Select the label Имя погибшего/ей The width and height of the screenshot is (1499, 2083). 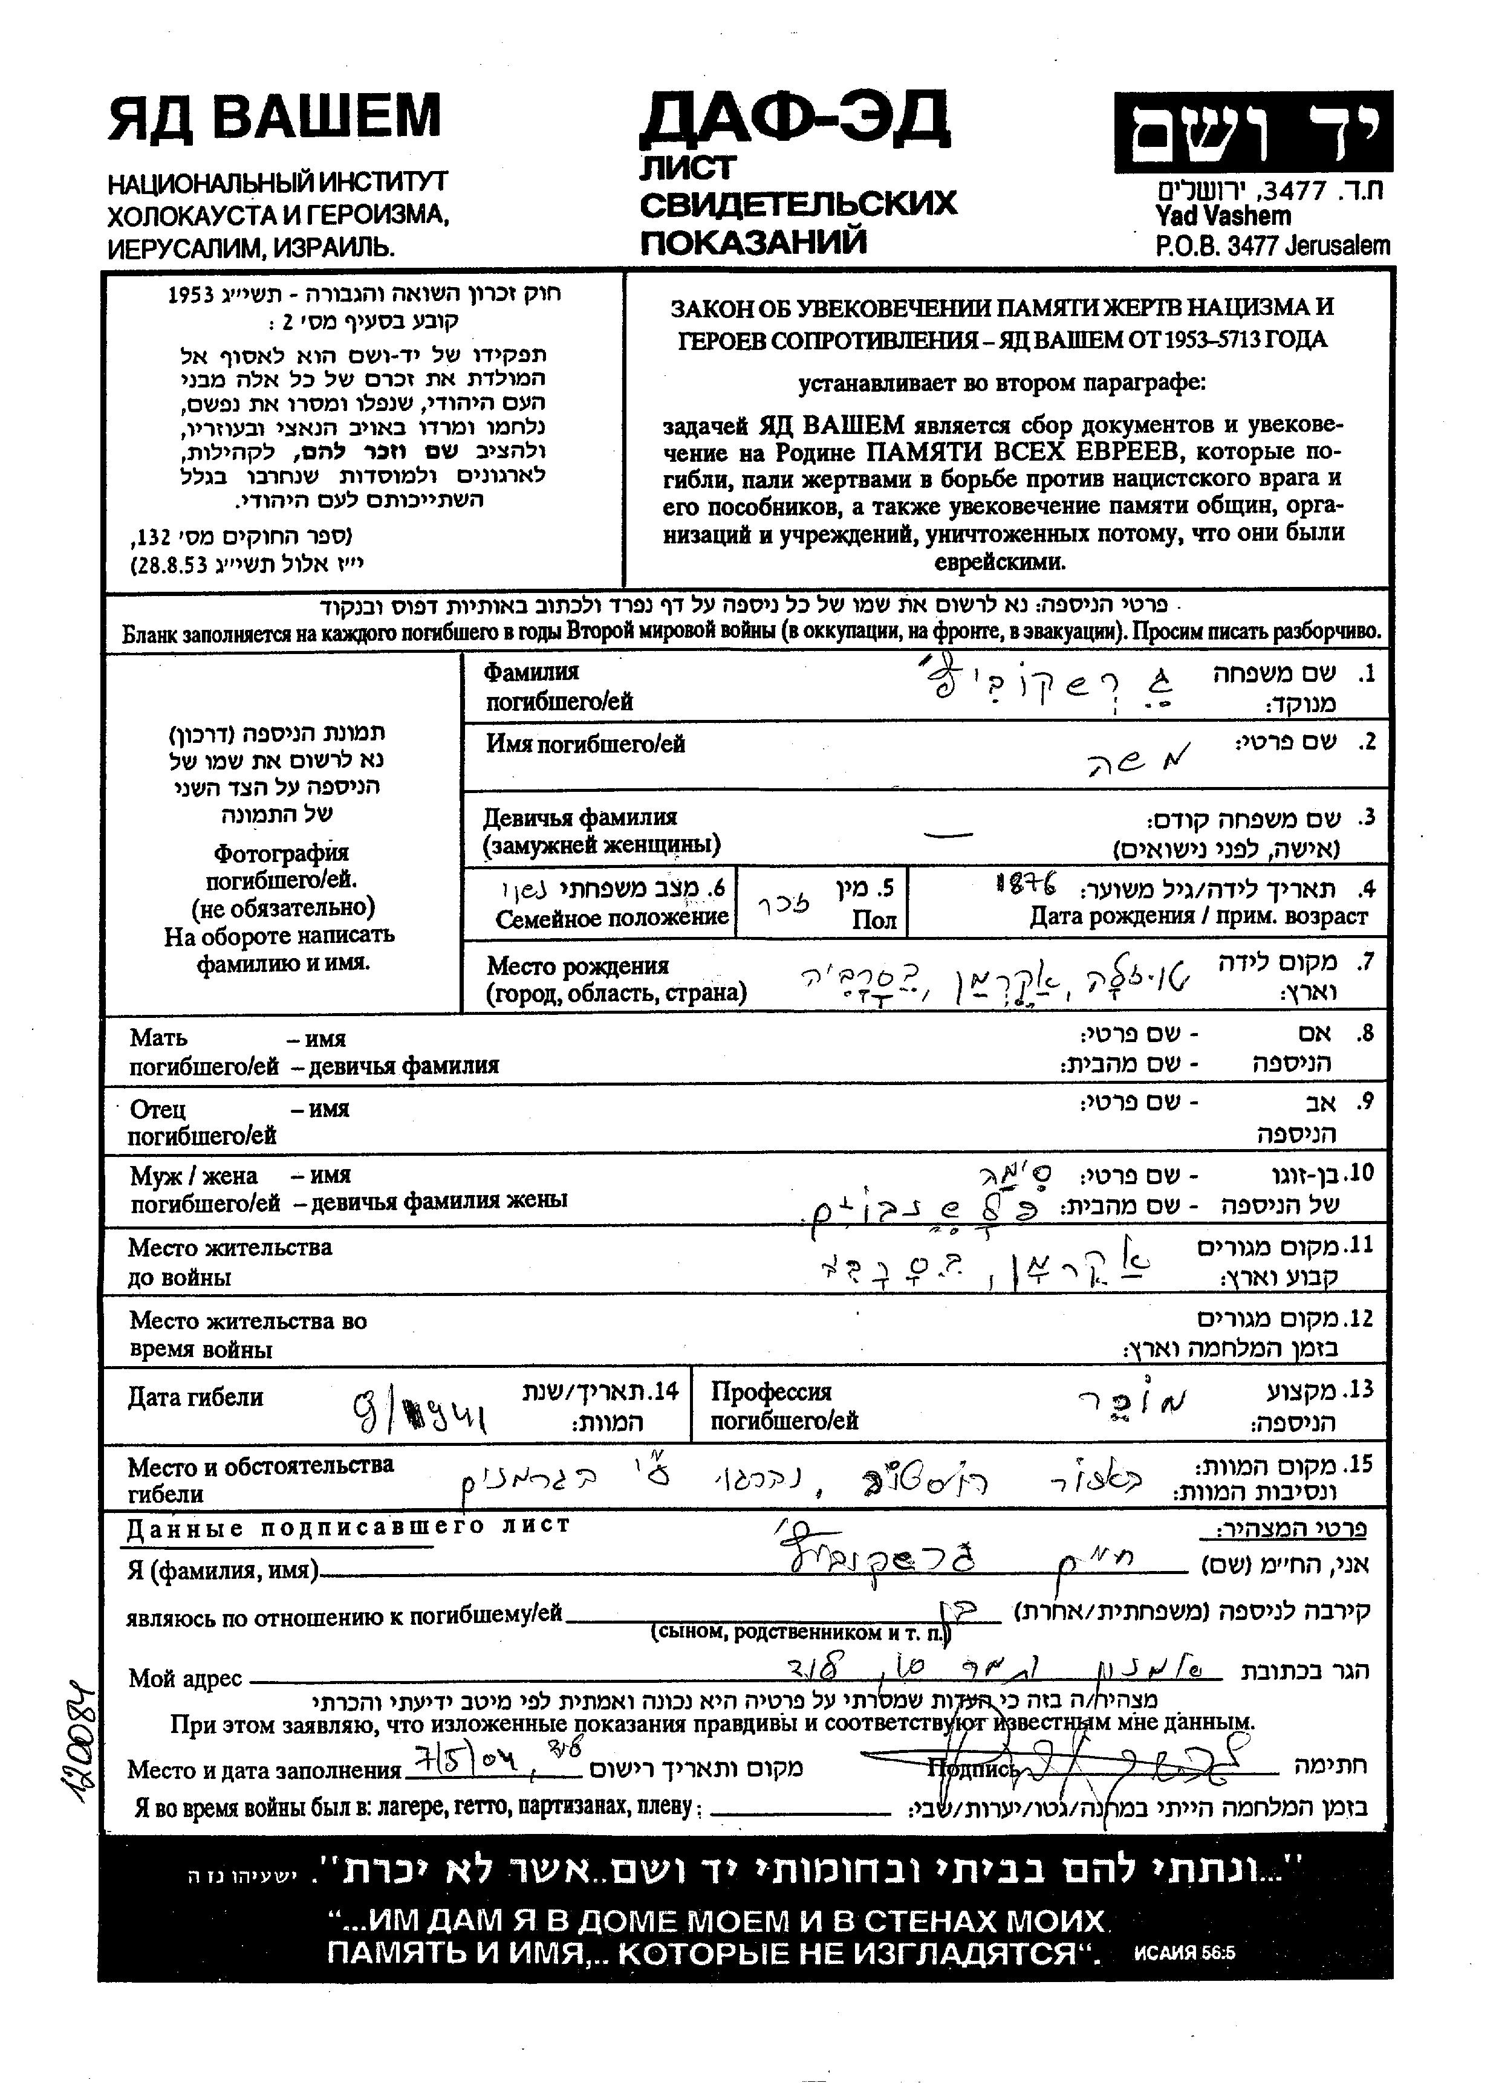(x=585, y=744)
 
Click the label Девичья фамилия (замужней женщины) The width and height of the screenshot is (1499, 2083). (x=602, y=831)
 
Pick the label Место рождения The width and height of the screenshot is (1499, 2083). (x=577, y=965)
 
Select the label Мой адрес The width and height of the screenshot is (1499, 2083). (x=184, y=1678)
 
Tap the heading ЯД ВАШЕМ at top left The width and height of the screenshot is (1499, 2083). (x=275, y=117)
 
